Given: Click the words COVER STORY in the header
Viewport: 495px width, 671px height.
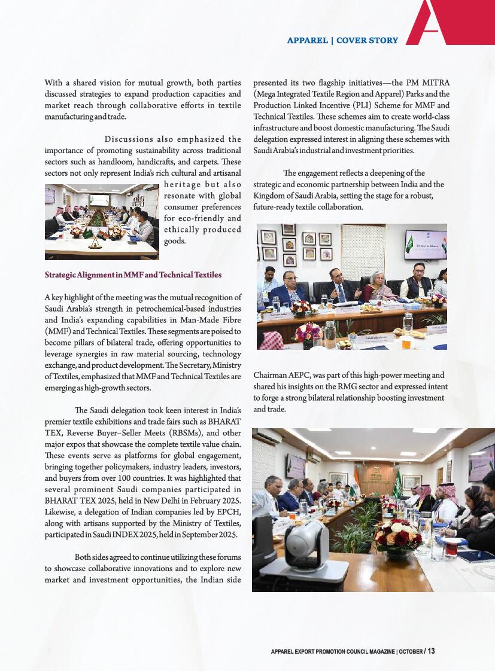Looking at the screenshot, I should click(x=367, y=41).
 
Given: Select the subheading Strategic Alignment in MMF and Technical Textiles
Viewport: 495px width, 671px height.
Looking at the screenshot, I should click(x=133, y=275).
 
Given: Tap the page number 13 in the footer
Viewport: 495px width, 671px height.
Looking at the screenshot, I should click(x=431, y=651).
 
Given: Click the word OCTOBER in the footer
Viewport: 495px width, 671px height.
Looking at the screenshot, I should click(x=410, y=651).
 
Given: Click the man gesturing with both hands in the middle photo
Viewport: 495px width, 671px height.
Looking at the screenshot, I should click(x=341, y=283).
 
